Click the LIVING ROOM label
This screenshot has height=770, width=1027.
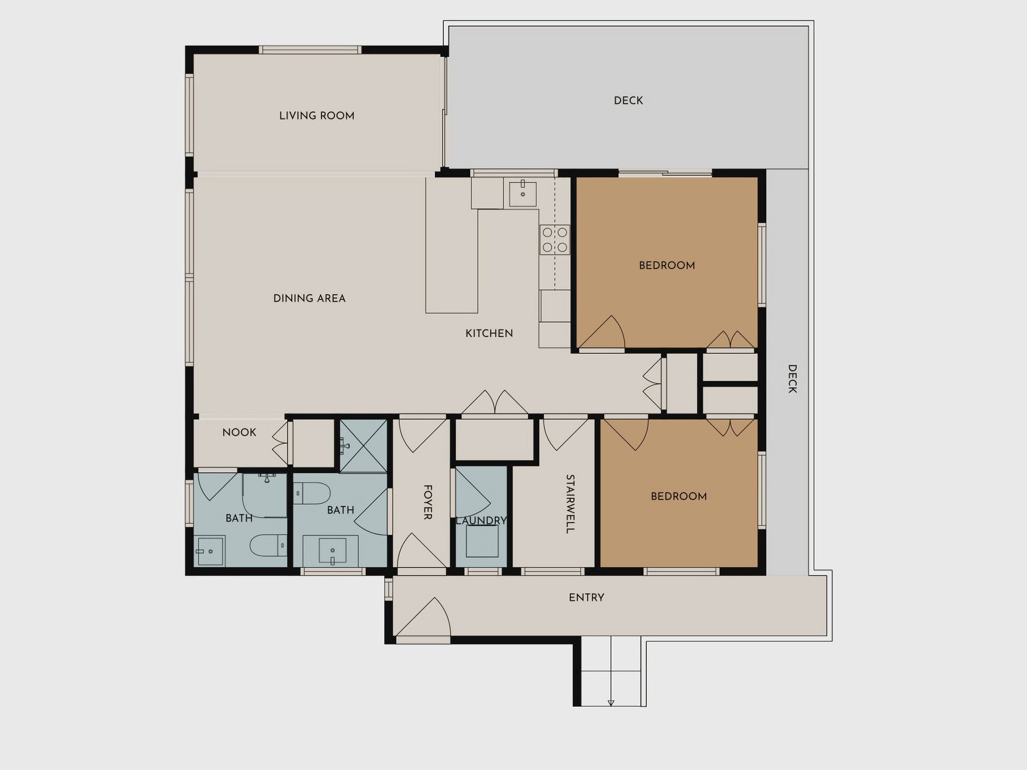point(317,115)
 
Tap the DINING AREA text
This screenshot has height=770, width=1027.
point(309,298)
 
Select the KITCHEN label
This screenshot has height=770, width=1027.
point(489,333)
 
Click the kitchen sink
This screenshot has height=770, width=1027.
point(523,193)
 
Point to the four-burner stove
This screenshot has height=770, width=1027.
point(555,240)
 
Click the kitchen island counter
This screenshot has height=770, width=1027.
point(451,245)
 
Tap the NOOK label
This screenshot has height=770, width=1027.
point(239,432)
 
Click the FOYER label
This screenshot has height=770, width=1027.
point(428,502)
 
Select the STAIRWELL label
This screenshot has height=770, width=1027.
point(570,504)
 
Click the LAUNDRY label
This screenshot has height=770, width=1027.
point(481,520)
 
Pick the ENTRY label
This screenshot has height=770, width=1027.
point(586,598)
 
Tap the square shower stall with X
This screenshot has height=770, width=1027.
point(364,446)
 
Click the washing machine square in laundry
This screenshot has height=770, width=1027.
point(482,541)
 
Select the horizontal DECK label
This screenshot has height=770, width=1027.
point(629,101)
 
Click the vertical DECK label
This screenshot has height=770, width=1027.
point(793,379)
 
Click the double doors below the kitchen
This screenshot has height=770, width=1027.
point(495,402)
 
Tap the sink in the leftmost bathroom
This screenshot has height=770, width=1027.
point(209,551)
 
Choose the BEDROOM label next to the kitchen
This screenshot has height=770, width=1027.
point(667,265)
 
